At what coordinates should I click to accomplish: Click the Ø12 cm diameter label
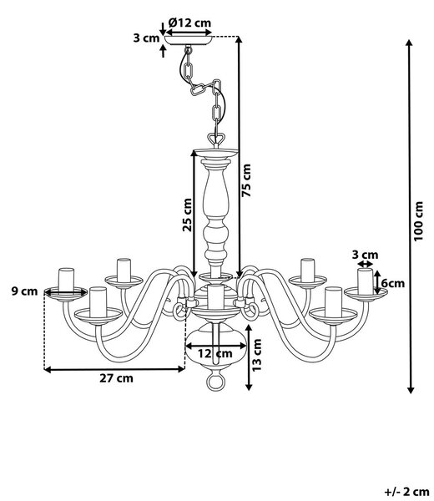pos(189,23)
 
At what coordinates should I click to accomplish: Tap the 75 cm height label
pos(246,180)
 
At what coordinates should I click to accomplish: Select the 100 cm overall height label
pos(418,221)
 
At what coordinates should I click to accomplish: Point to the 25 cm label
pos(188,215)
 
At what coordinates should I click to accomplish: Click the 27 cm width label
pos(116,378)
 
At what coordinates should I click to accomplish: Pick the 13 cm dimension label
pos(257,355)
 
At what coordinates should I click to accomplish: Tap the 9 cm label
pos(24,291)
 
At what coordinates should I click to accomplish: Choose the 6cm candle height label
pos(392,283)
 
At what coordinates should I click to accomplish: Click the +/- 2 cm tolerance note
pos(406,492)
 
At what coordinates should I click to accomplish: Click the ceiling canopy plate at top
pos(189,40)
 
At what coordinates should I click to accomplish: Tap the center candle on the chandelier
pos(215,297)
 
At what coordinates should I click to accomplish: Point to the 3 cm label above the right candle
pos(365,255)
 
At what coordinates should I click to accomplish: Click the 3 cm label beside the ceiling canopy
pos(146,38)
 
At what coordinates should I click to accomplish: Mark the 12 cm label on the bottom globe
pos(215,354)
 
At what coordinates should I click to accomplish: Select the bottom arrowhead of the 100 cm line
pos(411,389)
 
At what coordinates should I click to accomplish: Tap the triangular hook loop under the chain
pos(216,139)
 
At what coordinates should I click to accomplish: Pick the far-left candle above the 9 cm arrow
pos(66,280)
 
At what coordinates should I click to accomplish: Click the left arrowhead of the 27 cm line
pos(48,370)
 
